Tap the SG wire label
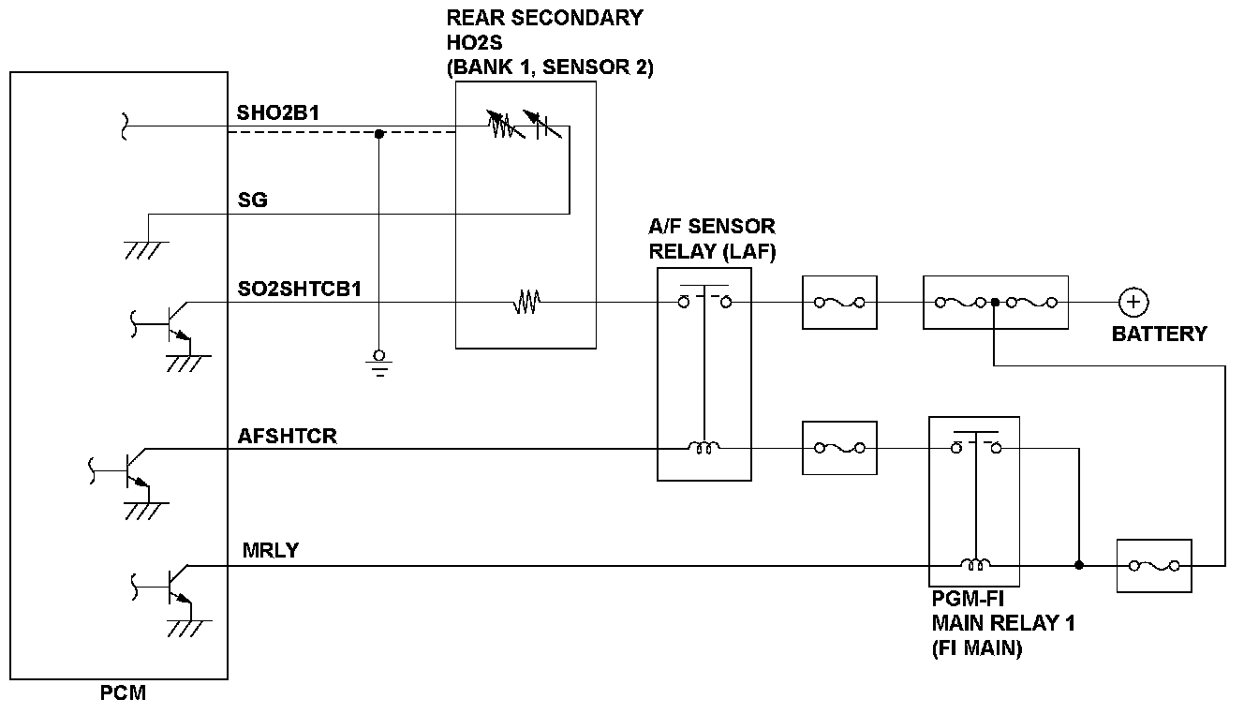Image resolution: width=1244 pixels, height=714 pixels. [252, 200]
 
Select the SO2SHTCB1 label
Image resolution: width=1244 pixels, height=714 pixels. [300, 289]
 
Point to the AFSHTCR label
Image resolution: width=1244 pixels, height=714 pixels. [288, 436]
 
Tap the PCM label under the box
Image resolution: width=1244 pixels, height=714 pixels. [123, 694]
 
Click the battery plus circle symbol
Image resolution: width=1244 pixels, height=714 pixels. [1133, 302]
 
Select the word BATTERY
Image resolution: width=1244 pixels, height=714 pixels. [1159, 334]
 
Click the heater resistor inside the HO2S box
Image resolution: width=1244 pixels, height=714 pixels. [526, 302]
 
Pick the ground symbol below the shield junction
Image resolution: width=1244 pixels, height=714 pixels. [379, 362]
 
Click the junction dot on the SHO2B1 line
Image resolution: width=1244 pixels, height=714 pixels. [379, 133]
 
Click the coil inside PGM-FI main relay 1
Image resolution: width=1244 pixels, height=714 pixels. [975, 565]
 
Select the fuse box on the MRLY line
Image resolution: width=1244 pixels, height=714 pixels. [1154, 566]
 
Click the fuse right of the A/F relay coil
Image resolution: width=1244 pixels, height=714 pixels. [839, 448]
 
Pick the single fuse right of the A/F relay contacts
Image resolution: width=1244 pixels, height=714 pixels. [839, 302]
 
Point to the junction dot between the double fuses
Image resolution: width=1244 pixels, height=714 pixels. [995, 302]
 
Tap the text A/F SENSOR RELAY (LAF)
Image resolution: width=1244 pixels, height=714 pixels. [712, 238]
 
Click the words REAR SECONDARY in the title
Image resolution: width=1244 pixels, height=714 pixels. [543, 18]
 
